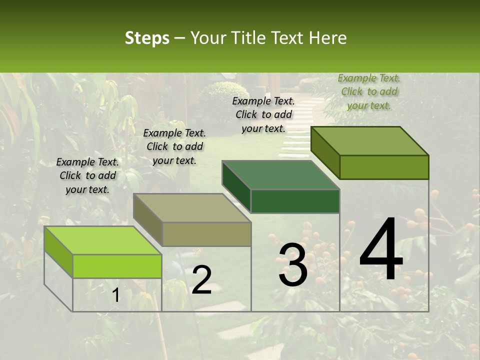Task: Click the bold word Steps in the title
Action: click(147, 38)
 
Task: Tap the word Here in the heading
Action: click(327, 38)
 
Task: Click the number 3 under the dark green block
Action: click(293, 265)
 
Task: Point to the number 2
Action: click(201, 280)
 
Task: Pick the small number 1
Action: click(115, 295)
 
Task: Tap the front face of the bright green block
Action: click(117, 266)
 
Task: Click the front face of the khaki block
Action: click(206, 234)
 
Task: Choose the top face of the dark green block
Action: click(280, 175)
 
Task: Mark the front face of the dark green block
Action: click(295, 201)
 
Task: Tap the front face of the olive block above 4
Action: click(384, 167)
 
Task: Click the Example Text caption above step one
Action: click(87, 175)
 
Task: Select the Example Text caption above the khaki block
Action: click(174, 146)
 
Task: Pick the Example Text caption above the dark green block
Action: click(263, 114)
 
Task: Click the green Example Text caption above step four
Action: click(369, 91)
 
